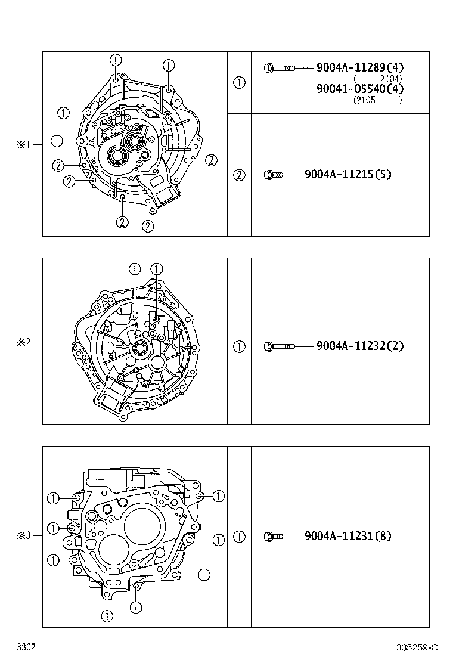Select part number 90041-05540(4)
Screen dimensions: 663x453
point(360,89)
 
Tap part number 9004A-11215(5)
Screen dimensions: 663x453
point(347,175)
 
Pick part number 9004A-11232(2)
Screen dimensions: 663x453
point(360,346)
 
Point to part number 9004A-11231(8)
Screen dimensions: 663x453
point(347,536)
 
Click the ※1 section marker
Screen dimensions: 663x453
point(23,144)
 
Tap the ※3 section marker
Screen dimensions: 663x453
point(23,535)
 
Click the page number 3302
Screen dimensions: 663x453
point(26,647)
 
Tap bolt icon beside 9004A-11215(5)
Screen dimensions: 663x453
point(275,175)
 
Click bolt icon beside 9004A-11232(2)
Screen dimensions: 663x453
point(279,346)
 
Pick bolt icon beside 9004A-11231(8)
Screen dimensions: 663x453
point(274,537)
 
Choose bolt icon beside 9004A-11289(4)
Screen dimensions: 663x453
point(279,69)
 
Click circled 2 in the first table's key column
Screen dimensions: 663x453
point(239,175)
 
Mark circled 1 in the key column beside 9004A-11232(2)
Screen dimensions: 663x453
point(239,346)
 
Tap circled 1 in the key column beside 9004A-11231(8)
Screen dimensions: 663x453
point(239,537)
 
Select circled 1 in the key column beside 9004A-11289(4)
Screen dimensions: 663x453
point(239,83)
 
